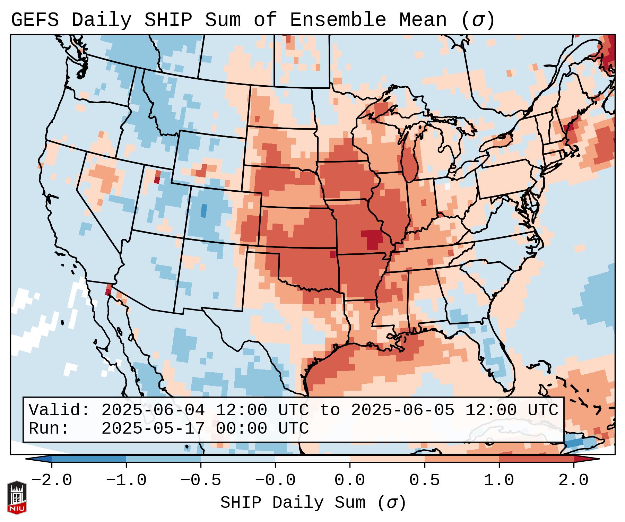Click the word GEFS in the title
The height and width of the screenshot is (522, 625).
tap(35, 20)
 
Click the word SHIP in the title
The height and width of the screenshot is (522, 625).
tap(168, 20)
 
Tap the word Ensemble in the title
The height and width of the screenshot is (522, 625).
tap(338, 20)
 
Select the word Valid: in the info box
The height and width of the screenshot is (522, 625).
tap(59, 410)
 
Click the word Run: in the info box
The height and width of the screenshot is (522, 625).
tap(49, 428)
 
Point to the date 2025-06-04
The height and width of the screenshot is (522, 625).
tap(153, 410)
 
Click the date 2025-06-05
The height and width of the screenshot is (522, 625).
tap(402, 410)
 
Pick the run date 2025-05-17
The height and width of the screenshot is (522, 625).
tap(153, 428)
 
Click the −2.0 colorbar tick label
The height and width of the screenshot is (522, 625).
tap(52, 480)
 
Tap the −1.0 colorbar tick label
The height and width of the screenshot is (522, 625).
tap(126, 480)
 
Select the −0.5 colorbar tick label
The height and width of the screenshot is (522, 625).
tap(201, 480)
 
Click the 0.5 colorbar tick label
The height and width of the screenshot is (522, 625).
tap(425, 480)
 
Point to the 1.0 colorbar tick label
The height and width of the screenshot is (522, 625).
tap(499, 480)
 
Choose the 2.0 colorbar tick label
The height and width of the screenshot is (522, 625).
tap(574, 480)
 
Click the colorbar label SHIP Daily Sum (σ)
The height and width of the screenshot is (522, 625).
tap(313, 503)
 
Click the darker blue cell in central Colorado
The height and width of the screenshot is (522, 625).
tap(203, 211)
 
